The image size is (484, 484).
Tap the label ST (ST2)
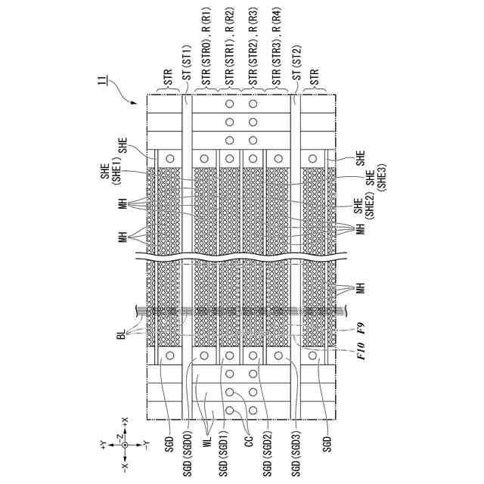296,65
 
